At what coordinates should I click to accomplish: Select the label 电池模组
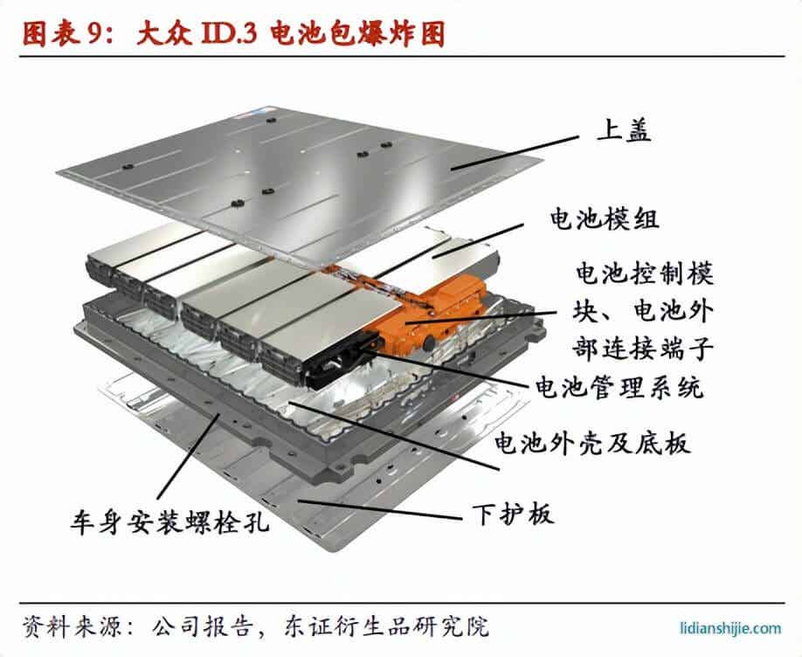point(603,218)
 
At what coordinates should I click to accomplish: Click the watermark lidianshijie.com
point(730,626)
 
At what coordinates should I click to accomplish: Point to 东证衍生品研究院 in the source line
point(385,626)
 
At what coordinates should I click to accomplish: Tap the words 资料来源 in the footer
point(61,626)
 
